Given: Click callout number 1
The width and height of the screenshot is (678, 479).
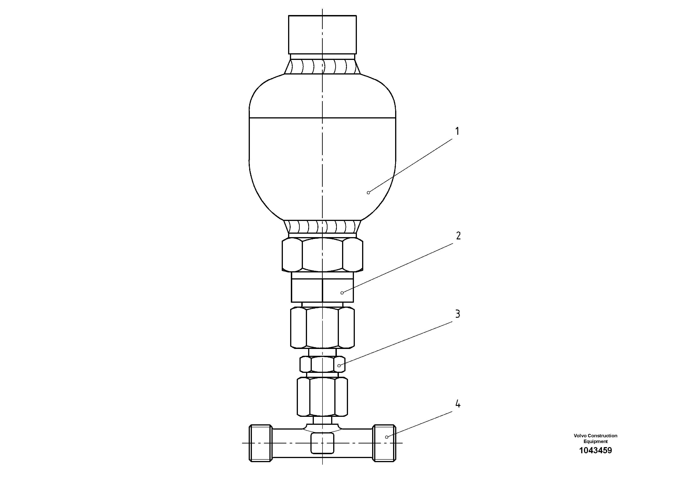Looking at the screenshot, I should tap(457, 131).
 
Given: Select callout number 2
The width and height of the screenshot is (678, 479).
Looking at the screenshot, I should tap(458, 236).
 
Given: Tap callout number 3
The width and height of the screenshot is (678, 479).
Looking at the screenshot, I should tap(457, 314).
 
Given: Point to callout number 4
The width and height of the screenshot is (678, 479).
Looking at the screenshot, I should tap(458, 404).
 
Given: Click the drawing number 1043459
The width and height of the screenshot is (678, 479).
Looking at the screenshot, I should tap(595, 450).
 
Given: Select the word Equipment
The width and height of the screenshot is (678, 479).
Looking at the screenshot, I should tap(595, 441).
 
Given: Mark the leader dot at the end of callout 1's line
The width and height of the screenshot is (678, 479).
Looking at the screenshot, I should tap(368, 192).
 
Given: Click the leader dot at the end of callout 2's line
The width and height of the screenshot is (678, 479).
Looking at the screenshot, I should tap(342, 293).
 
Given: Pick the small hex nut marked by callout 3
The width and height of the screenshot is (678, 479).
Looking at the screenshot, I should tap(322, 364).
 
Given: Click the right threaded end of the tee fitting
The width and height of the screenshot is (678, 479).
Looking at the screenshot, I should tap(384, 443).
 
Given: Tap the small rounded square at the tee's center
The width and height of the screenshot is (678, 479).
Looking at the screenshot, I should tap(322, 443).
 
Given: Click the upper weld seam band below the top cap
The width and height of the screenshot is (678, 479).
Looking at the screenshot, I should tap(322, 67).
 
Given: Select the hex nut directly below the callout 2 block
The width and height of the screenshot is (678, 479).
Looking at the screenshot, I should tap(322, 328).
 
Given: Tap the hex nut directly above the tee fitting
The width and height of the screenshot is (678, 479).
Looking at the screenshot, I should tap(322, 397).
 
